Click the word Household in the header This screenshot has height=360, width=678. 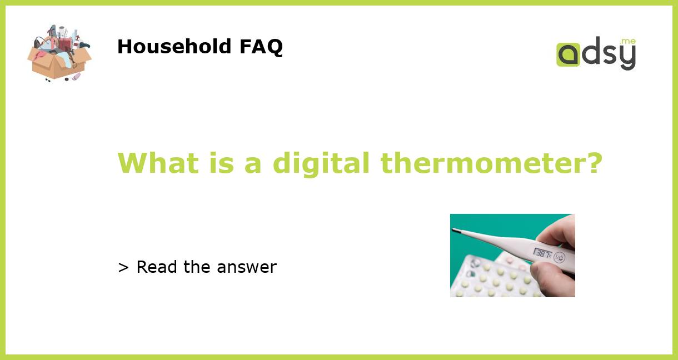[x=175, y=47]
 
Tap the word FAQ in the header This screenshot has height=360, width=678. [x=261, y=47]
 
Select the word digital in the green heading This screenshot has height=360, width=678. [x=321, y=163]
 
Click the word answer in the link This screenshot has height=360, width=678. [x=247, y=268]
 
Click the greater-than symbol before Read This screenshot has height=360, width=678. [x=123, y=267]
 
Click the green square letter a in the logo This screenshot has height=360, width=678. [x=567, y=55]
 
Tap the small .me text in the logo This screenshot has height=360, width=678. [x=628, y=42]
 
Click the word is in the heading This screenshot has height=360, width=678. [x=221, y=163]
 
